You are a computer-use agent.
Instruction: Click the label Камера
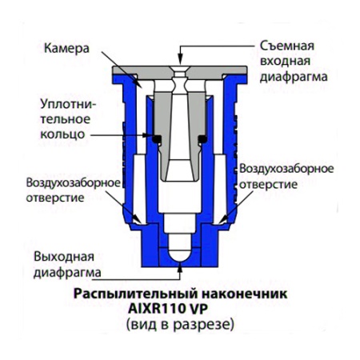tap(66, 49)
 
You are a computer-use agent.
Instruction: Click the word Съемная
tap(287, 46)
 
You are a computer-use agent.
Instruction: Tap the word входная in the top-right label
tap(286, 61)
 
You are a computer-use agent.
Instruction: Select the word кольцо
tap(62, 134)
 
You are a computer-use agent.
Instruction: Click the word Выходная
tap(64, 257)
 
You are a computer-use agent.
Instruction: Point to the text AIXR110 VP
tap(168, 309)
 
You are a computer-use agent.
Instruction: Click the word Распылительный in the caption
tap(135, 294)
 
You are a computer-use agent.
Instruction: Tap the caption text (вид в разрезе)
tap(180, 325)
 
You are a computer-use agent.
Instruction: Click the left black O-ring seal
tap(158, 138)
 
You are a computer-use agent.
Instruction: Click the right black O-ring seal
tap(202, 138)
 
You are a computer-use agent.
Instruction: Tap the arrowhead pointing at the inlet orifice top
tap(180, 60)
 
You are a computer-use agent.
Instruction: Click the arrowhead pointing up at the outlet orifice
tap(180, 267)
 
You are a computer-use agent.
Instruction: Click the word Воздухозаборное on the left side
tap(74, 183)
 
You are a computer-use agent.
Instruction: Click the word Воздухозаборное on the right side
tap(286, 169)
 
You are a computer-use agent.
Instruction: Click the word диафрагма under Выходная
tap(67, 273)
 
